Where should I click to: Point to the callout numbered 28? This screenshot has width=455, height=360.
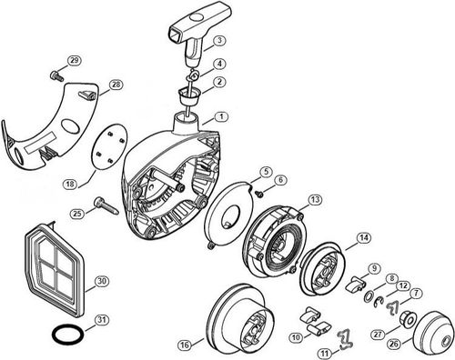coord(116,85)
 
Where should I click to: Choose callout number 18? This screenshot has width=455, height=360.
coord(95,183)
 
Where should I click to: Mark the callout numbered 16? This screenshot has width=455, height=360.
coord(186,345)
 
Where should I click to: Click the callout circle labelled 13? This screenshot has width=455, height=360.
coord(313,199)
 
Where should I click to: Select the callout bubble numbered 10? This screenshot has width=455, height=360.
coord(296,337)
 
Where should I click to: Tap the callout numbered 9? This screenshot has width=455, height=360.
coord(373,267)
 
